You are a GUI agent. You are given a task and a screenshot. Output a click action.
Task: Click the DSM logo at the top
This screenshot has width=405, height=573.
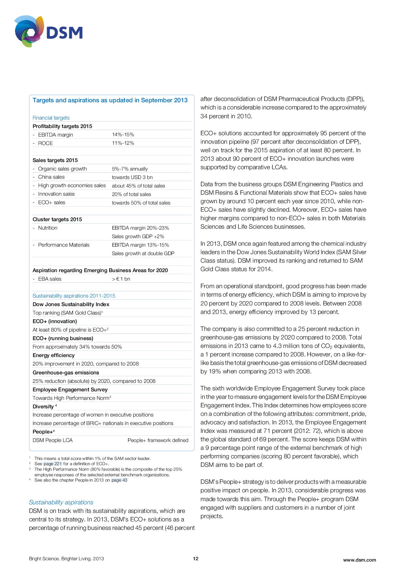[x=48, y=32]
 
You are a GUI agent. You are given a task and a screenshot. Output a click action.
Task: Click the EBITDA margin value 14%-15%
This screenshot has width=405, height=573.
[x=123, y=135]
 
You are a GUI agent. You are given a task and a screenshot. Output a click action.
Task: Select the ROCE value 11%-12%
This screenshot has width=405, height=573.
[x=123, y=143]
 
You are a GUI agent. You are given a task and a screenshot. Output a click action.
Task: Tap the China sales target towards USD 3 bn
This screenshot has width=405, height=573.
[x=132, y=177]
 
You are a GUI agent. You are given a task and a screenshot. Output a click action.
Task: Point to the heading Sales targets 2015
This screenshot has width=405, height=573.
[x=55, y=160]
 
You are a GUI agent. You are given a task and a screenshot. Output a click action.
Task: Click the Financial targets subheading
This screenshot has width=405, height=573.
[x=51, y=118]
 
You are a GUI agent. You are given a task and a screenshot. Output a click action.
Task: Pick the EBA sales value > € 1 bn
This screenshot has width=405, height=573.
[x=121, y=279]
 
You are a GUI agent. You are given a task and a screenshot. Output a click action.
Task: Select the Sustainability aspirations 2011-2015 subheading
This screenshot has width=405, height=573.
[x=74, y=296]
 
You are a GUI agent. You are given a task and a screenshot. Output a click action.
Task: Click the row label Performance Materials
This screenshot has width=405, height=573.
[x=64, y=245]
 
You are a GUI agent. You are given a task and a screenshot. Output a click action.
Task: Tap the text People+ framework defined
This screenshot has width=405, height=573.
[x=158, y=440]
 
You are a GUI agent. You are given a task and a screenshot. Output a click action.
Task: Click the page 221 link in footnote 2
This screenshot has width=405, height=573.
[x=53, y=464]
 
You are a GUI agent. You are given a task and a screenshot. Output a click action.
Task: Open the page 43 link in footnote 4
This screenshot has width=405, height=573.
[x=119, y=480]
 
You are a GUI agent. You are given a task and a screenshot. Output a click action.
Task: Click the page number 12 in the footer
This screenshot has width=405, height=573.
[x=196, y=559]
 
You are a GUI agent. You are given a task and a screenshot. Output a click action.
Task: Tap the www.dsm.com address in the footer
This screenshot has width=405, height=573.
[x=359, y=560]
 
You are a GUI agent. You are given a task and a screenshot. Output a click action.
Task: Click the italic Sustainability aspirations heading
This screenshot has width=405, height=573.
[x=61, y=502]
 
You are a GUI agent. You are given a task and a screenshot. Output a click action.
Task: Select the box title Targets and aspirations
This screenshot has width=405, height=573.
[x=110, y=100]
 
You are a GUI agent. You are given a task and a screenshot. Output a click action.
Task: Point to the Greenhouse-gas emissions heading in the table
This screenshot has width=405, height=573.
[x=66, y=372]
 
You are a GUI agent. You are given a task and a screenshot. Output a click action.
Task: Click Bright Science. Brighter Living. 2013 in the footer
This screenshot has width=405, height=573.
[x=66, y=559]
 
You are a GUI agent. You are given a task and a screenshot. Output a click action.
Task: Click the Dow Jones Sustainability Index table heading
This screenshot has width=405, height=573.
[x=71, y=304]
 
